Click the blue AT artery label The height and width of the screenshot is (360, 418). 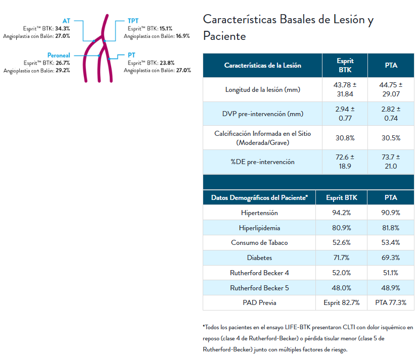point(66,21)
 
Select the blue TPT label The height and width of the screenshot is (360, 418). point(133,21)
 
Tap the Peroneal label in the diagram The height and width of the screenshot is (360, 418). point(59,55)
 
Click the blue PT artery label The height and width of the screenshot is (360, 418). point(131,55)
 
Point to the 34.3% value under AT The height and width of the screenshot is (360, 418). point(63,28)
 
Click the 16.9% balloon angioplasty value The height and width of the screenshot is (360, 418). point(182,36)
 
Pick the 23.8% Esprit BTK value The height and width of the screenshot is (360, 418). point(167,63)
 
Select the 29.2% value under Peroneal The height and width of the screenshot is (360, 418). point(63,71)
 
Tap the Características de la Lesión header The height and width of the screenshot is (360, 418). point(262,66)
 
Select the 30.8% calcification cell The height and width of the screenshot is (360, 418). point(345,138)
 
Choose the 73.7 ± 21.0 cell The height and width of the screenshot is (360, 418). point(391,162)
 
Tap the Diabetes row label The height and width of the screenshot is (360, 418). point(260,258)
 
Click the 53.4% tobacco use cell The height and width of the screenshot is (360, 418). point(391,243)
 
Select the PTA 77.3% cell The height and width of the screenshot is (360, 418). point(391,302)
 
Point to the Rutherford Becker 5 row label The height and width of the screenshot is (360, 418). point(260,288)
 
